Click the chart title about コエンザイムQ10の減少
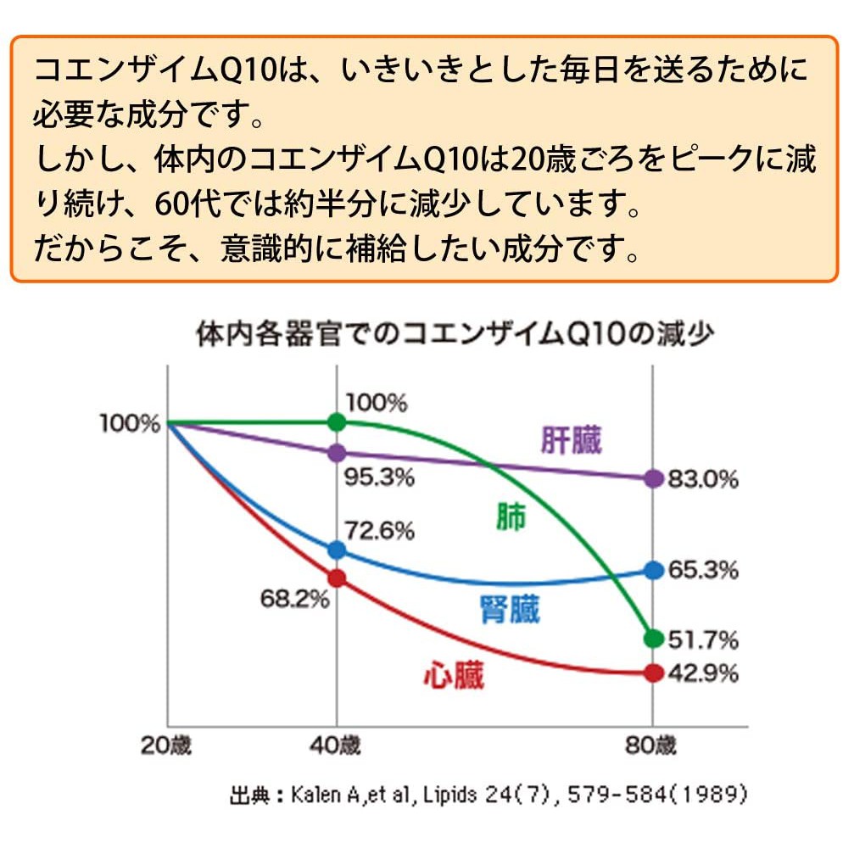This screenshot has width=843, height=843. tap(455, 334)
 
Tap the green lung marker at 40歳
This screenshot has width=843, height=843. tap(337, 422)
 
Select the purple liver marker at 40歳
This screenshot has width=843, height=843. tap(337, 453)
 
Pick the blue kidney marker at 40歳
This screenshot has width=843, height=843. tap(337, 550)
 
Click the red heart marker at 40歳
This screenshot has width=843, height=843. tap(337, 578)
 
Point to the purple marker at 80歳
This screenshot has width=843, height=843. tap(654, 478)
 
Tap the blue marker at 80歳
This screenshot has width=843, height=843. tap(654, 570)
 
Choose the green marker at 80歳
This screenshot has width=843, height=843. tap(654, 638)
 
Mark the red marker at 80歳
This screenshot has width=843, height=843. tap(654, 673)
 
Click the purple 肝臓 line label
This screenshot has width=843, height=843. tap(571, 440)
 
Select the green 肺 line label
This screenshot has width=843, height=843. tap(511, 516)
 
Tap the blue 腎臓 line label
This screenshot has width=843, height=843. tap(509, 610)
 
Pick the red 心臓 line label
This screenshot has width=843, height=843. tap(454, 675)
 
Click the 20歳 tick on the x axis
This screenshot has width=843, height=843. tap(165, 745)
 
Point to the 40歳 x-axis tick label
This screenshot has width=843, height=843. tap(335, 745)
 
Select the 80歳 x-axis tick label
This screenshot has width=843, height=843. tap(650, 745)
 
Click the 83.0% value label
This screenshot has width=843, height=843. tap(703, 478)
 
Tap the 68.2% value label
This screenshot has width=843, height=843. tap(294, 599)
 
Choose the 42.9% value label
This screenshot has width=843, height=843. tap(703, 673)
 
